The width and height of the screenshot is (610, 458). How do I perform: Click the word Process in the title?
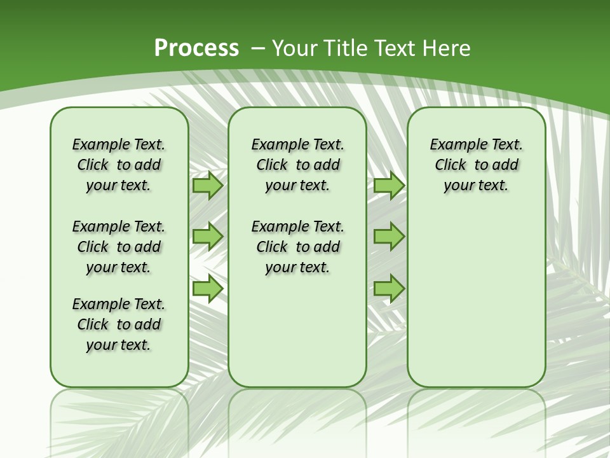point(196,48)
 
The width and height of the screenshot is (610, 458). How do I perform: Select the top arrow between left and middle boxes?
point(207,186)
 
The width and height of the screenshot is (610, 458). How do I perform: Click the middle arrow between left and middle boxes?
point(207,237)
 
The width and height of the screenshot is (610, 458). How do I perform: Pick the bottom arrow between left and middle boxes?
point(207,289)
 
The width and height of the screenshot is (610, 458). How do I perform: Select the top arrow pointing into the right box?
point(389,186)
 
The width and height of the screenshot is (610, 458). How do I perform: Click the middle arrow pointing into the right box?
point(389,237)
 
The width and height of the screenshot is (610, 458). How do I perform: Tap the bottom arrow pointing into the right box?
point(389,289)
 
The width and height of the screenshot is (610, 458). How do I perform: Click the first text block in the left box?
point(119,165)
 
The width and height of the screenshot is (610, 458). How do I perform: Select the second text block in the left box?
point(119,247)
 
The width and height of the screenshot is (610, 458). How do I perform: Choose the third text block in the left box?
point(119,324)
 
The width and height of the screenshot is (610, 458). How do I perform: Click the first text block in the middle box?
point(297,165)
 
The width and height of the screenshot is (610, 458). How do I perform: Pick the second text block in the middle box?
point(297,247)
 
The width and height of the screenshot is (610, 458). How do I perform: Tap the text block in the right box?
point(476,165)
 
